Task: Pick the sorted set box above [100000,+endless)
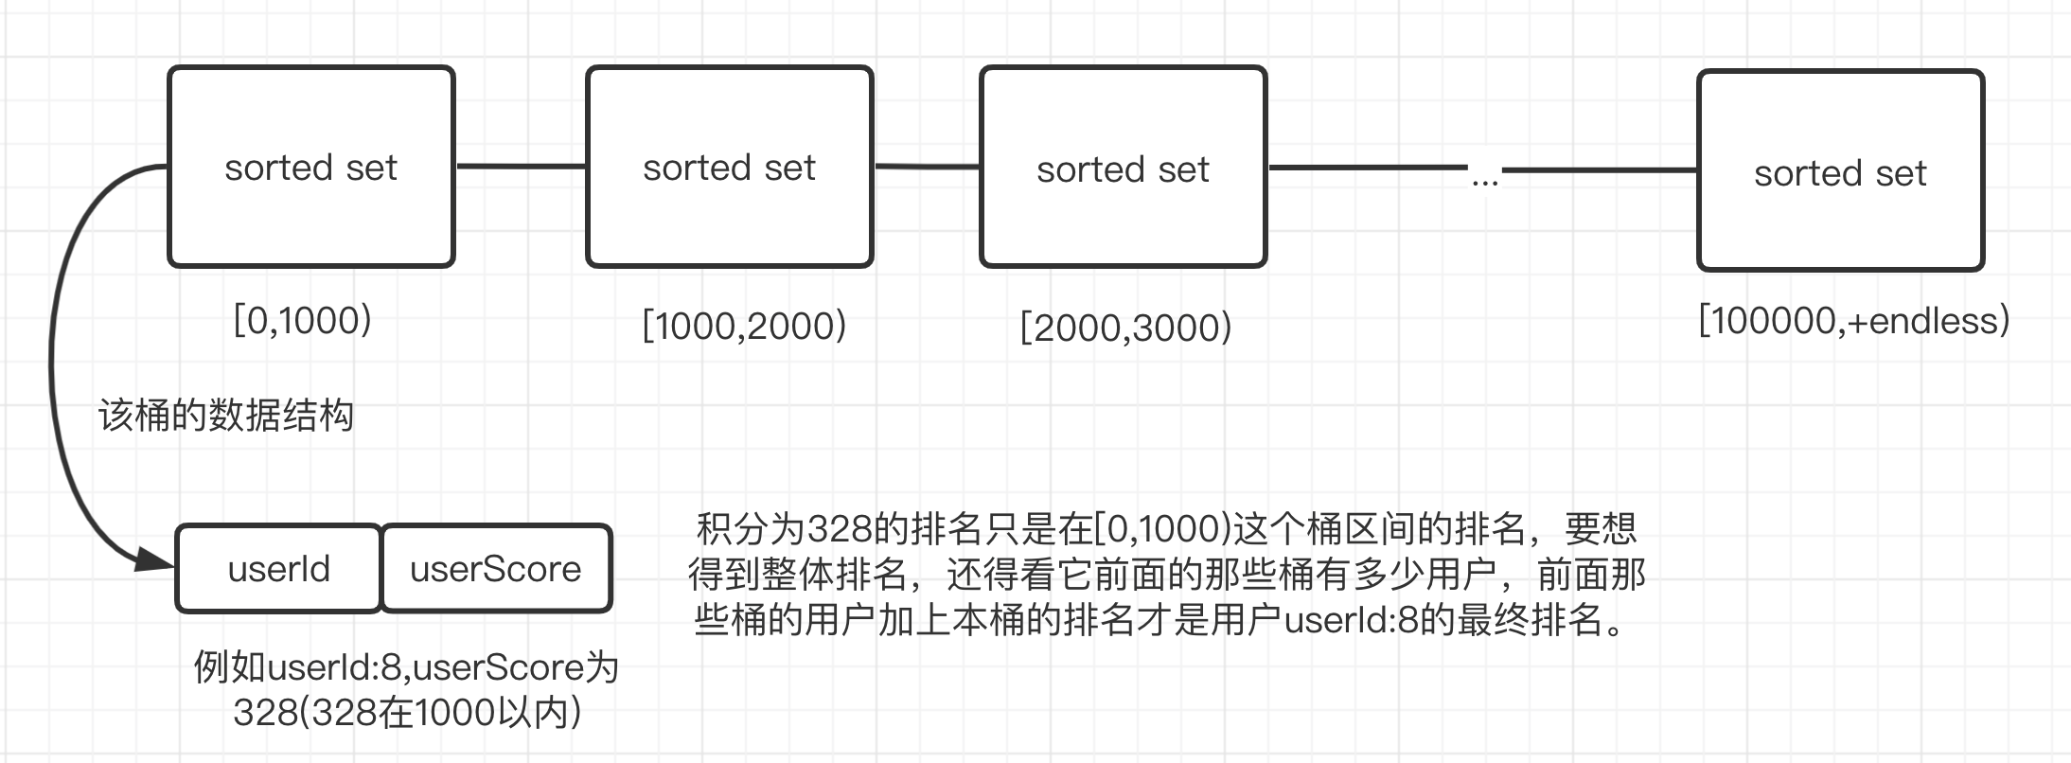click(1840, 171)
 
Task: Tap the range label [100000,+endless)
click(1853, 321)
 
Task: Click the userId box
click(278, 569)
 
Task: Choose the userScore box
click(496, 569)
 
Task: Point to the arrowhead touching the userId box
click(155, 559)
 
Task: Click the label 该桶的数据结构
click(226, 416)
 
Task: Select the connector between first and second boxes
click(521, 167)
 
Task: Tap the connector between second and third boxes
click(926, 168)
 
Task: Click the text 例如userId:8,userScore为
click(406, 667)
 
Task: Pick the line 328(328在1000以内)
click(407, 713)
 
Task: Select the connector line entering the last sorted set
click(1600, 170)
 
